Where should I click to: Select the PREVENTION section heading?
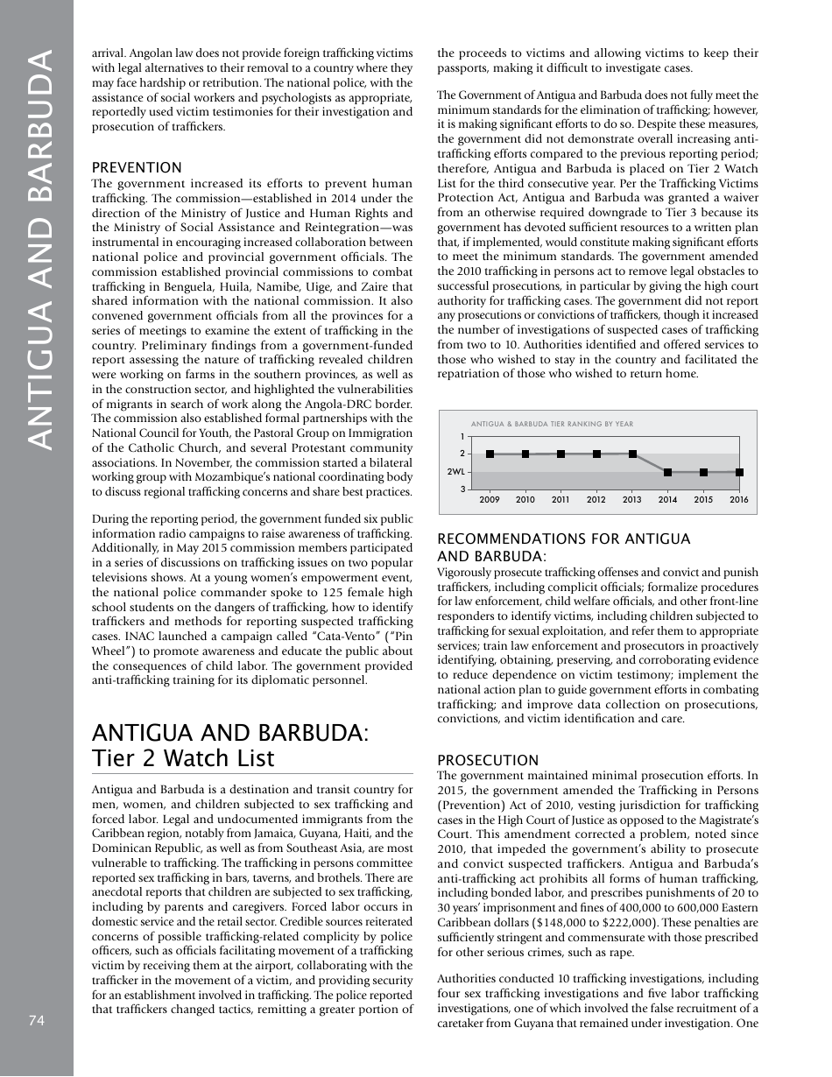(137, 167)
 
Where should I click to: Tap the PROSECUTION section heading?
(488, 760)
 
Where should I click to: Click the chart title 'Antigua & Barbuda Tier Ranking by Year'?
(552, 424)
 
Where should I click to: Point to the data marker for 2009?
(490, 454)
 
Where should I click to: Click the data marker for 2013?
(632, 454)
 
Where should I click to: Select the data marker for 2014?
(667, 472)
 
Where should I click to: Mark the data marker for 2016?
(739, 472)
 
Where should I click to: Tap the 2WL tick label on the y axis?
(455, 472)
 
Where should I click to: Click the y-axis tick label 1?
(462, 436)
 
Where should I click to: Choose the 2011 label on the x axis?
(561, 500)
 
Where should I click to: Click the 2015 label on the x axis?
(703, 500)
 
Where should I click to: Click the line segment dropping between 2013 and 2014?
(650, 463)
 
